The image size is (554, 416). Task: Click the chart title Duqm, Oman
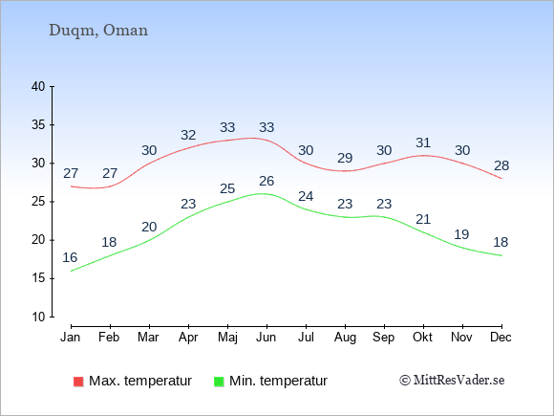[98, 31]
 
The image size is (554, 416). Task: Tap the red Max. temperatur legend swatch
[78, 382]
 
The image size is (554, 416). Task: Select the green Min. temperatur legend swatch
[219, 382]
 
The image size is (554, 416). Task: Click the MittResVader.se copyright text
[452, 381]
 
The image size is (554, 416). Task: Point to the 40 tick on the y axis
[38, 86]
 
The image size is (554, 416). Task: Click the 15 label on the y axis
[38, 278]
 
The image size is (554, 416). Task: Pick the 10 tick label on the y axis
[38, 317]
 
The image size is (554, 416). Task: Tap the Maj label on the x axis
[227, 338]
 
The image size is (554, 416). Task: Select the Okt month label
[423, 338]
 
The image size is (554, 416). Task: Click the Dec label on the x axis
[501, 338]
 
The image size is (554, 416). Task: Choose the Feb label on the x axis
[109, 338]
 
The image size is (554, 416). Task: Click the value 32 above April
[188, 135]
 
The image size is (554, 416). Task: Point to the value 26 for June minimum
[266, 181]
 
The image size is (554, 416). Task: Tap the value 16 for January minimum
[70, 257]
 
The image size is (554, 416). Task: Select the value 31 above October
[423, 142]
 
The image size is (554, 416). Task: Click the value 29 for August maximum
[345, 158]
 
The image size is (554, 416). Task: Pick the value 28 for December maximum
[501, 165]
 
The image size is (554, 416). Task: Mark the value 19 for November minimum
[461, 234]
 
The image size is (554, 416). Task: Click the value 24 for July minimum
[306, 196]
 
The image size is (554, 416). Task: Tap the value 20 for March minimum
[149, 227]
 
